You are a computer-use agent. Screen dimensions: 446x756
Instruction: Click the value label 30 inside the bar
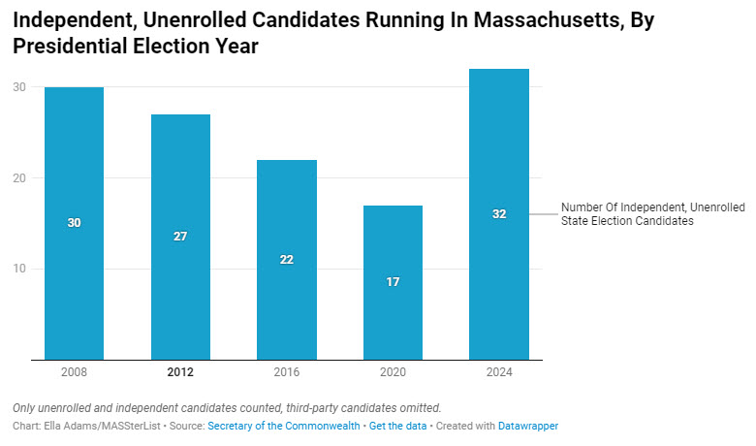click(x=74, y=223)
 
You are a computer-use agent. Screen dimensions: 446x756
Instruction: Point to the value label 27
click(x=180, y=237)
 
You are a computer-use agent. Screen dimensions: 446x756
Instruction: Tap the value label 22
click(x=287, y=260)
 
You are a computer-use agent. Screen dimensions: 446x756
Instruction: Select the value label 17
click(x=393, y=282)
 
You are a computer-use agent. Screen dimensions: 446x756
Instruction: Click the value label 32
click(x=499, y=214)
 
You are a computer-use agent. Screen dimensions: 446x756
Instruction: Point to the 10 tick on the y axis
click(x=18, y=269)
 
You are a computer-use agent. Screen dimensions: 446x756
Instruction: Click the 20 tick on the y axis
click(x=18, y=177)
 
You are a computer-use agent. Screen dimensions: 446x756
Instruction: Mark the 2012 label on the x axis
click(x=180, y=372)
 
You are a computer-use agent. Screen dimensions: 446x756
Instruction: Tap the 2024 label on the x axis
click(x=499, y=372)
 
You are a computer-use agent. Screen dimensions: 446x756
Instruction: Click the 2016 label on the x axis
click(x=287, y=372)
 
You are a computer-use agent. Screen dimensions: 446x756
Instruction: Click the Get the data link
click(x=393, y=427)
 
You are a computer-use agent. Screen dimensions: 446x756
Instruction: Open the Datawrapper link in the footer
click(x=528, y=427)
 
